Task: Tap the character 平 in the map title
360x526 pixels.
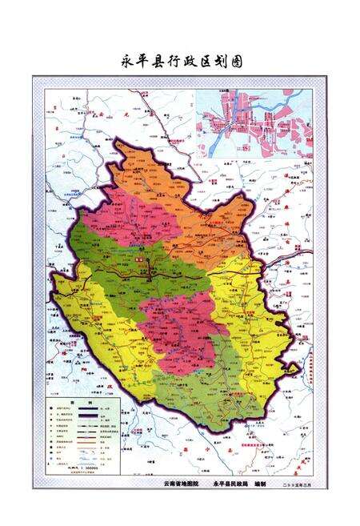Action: click(x=143, y=61)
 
